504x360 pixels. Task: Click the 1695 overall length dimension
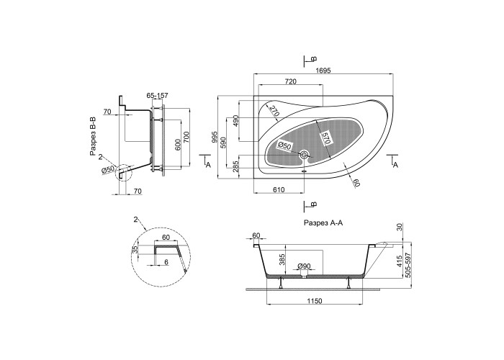point(323,71)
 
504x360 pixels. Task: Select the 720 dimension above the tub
point(291,81)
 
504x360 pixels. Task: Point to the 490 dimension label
point(236,121)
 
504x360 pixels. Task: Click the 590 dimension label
point(224,143)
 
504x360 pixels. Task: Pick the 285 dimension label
point(236,166)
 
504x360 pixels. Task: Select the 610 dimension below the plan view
point(279,190)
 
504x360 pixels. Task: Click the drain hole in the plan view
point(304,155)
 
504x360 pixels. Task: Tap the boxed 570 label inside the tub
point(326,138)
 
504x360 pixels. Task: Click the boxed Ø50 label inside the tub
point(284,145)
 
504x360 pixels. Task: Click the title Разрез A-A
point(323,222)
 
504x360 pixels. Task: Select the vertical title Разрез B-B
point(93,137)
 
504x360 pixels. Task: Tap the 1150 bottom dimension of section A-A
point(315,301)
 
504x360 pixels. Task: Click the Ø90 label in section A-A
point(304,266)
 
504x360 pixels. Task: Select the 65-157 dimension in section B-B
point(157,96)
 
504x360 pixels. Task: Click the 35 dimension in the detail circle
point(136,250)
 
